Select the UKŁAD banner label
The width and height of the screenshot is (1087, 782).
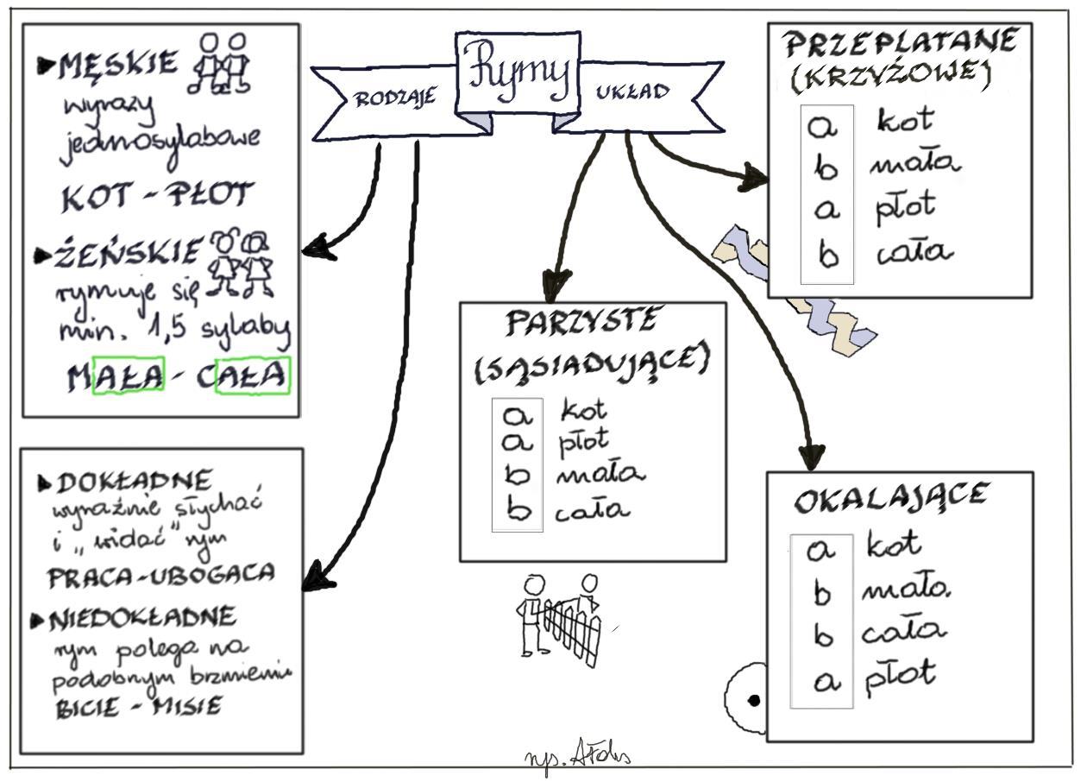tap(632, 92)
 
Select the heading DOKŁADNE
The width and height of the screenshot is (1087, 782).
tap(131, 481)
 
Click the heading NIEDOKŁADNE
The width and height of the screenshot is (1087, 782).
tap(142, 617)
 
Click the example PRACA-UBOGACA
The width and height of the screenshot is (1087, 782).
tap(161, 574)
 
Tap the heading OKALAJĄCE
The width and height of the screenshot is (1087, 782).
tap(891, 498)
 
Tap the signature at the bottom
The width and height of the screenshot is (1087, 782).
tap(577, 758)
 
